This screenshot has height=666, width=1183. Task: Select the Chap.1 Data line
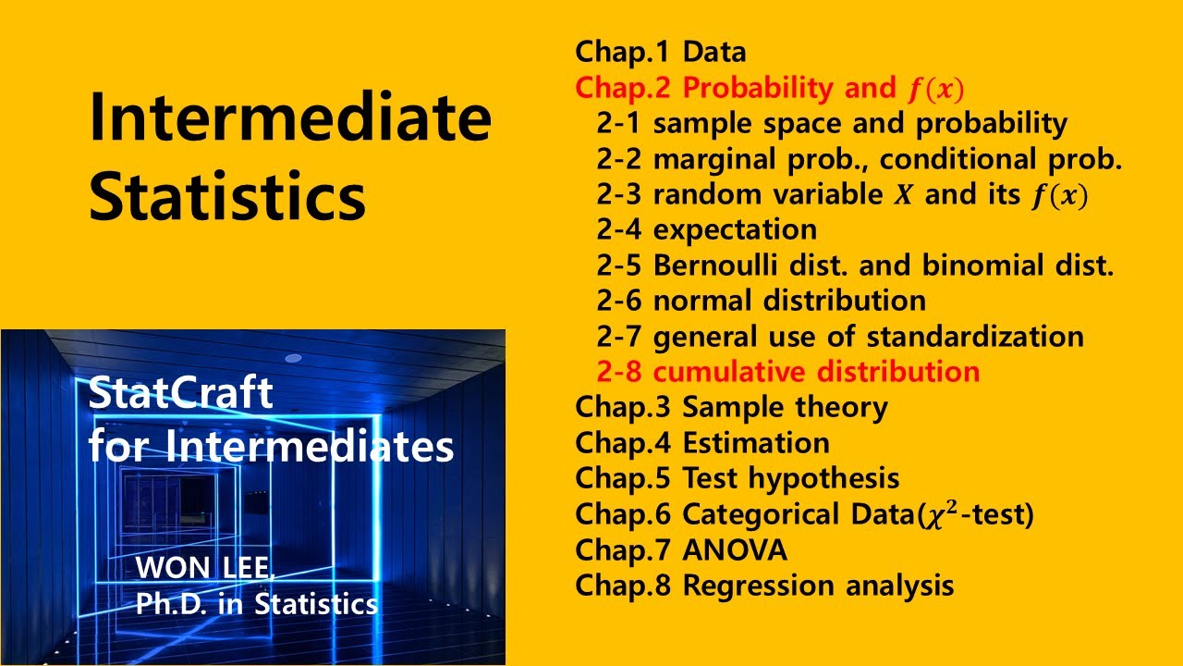[x=660, y=52]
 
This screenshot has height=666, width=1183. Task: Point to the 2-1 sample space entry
[x=832, y=123]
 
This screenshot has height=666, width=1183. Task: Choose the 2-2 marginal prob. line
[x=860, y=159]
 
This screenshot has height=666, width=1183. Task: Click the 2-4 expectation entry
[x=707, y=229]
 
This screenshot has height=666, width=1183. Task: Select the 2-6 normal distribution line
[x=762, y=301]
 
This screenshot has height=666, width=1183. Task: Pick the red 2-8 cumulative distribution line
[x=788, y=372]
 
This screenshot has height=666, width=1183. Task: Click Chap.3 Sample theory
[x=731, y=407]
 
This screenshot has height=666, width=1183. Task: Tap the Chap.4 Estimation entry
[x=702, y=443]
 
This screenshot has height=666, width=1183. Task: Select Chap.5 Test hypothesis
[x=737, y=478]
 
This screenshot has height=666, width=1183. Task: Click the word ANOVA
[x=735, y=550]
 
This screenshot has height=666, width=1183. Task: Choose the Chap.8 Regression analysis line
[x=764, y=586]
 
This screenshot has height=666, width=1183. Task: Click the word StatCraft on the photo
[x=181, y=395]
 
